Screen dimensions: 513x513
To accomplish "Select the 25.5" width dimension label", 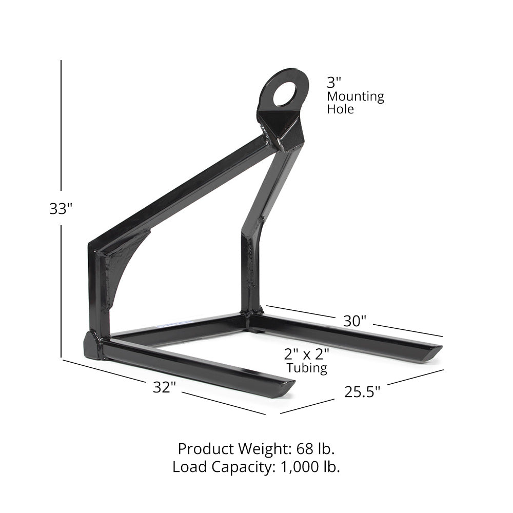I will coord(362,392).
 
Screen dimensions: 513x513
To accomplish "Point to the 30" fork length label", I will coord(355,321).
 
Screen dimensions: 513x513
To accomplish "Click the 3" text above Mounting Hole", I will coord(334,83).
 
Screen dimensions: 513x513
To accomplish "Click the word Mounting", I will coord(356,96).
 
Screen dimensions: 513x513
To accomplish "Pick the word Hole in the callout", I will coord(341,109).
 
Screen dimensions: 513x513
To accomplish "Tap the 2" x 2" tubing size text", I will coord(306,354).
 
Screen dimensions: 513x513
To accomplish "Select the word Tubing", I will coord(307,368).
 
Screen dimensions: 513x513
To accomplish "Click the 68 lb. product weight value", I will coord(315,449).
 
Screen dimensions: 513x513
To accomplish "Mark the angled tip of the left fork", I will coord(286,388).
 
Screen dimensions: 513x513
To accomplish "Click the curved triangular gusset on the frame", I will coord(126,262).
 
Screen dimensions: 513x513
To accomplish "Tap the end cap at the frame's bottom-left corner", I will coord(91,345).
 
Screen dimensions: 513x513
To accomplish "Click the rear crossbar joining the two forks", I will coord(174,327).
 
